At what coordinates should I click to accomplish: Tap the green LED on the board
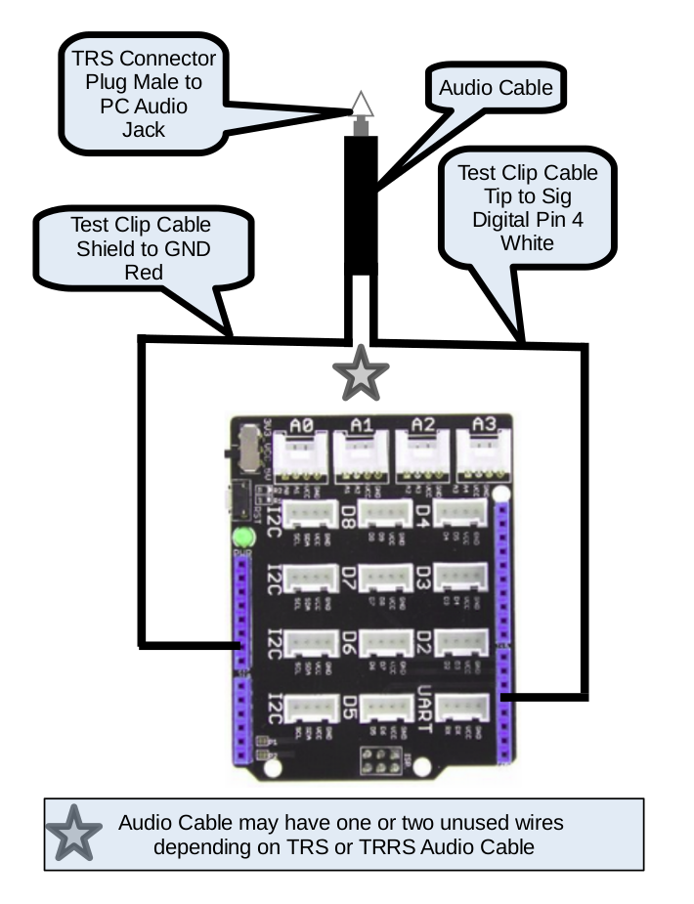coord(240,537)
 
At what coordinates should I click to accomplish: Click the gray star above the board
coord(362,372)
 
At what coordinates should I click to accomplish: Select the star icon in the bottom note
coord(74,834)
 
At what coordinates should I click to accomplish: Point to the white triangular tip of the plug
coord(361,105)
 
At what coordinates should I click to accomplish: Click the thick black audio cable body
coord(361,205)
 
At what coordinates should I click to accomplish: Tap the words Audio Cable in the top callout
coord(496,88)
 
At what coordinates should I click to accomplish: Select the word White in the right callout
coord(527,241)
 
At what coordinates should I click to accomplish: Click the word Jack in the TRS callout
coord(144,129)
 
